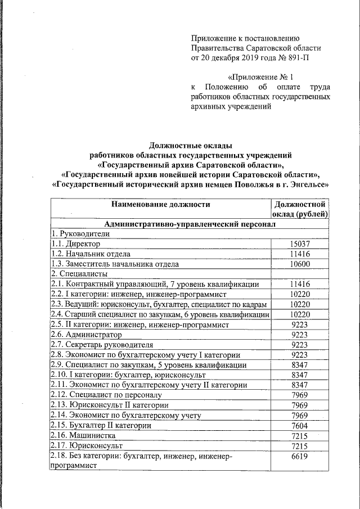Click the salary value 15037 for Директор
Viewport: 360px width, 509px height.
299,244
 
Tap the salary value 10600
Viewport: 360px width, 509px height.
299,264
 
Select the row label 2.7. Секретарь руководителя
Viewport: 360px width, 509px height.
94,344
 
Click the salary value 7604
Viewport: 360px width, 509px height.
299,425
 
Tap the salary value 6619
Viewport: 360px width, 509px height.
299,456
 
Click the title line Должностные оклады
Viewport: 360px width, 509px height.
190,145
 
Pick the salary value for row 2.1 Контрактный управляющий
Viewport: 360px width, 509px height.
299,284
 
